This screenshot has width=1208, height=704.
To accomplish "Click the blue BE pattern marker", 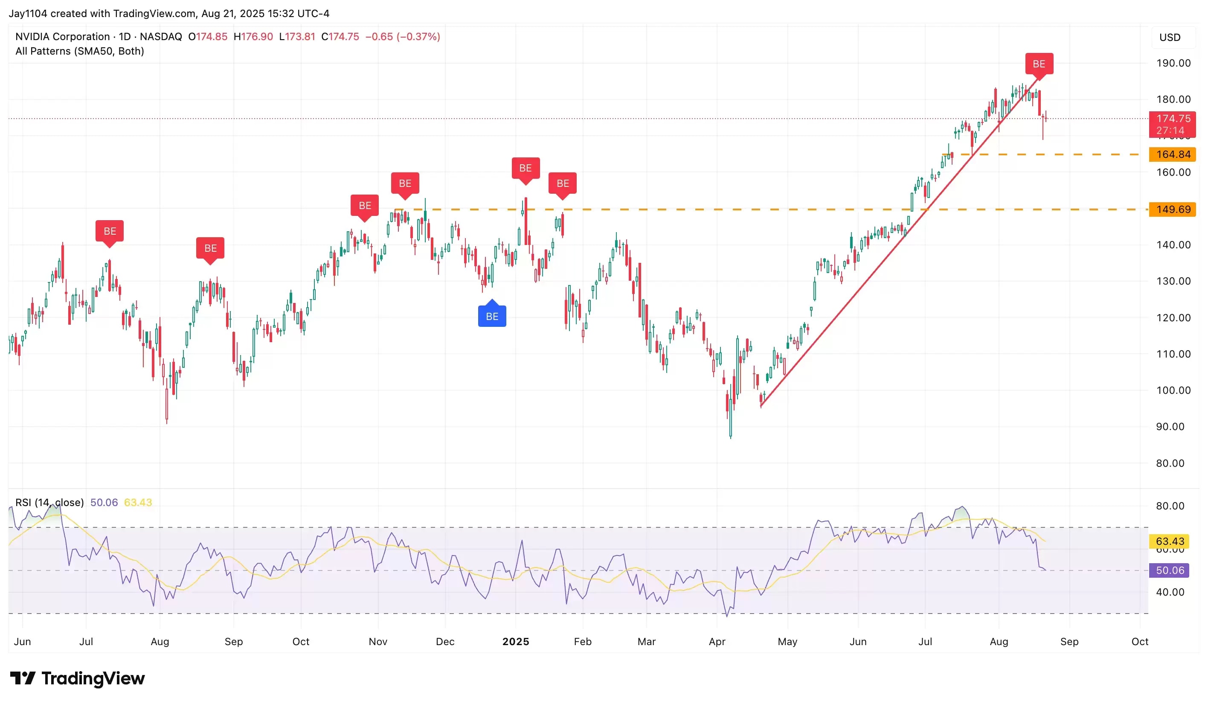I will [x=492, y=316].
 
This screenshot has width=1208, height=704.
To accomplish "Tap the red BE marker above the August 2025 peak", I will [x=1039, y=64].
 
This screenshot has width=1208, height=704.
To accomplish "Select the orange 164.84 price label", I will [x=1173, y=154].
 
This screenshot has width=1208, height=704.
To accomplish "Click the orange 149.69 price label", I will [x=1173, y=209].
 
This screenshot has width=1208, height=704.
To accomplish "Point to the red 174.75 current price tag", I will [x=1173, y=119].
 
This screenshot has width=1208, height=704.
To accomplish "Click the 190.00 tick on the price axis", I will [x=1173, y=63].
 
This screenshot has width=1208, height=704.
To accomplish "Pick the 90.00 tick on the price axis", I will [x=1170, y=426].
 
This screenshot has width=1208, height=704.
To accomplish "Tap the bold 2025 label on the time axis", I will [x=515, y=642].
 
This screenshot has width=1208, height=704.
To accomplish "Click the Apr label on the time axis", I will [x=717, y=642].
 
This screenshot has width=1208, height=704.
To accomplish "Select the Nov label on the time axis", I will [x=378, y=642].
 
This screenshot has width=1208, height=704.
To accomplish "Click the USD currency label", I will [x=1170, y=38].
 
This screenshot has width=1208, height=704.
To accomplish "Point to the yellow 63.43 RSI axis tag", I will [x=1170, y=541].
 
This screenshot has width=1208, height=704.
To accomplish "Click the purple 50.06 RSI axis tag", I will [x=1170, y=570].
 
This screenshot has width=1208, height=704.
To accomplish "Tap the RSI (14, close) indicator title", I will [x=49, y=502].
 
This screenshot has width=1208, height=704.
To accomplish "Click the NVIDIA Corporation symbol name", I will [x=62, y=36].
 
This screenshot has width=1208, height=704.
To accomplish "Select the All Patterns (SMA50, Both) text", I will [x=80, y=51].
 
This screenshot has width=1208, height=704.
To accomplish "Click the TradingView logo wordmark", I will [x=78, y=678].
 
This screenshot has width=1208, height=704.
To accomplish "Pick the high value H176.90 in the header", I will [x=253, y=36].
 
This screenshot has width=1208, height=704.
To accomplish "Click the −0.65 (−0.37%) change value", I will [x=403, y=36].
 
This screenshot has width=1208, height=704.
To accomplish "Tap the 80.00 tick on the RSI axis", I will [x=1170, y=506].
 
